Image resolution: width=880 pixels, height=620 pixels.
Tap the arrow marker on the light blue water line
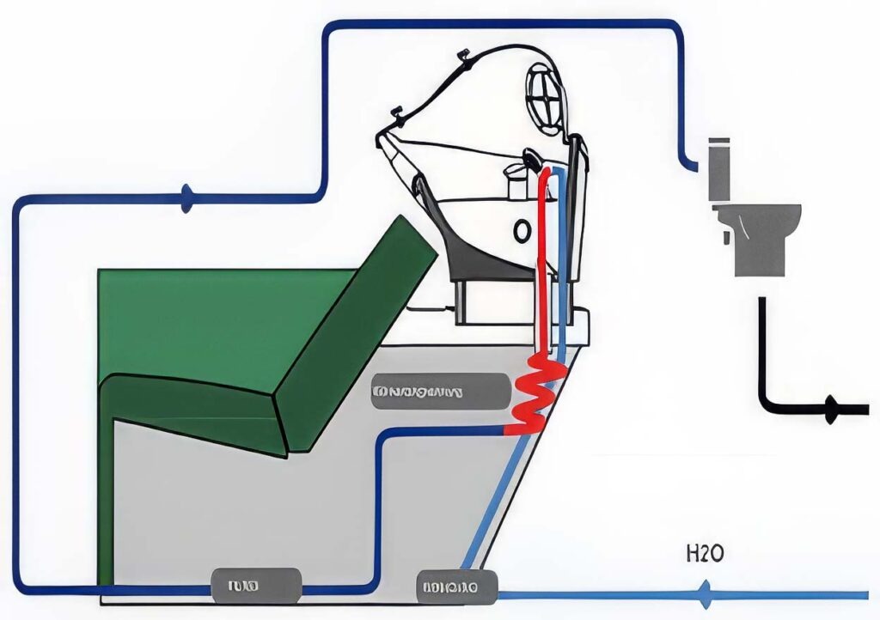point(705,594)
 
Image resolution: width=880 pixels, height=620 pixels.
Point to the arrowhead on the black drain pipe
point(831,410)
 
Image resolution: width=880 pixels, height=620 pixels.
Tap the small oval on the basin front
point(522,230)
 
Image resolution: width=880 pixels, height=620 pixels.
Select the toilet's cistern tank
point(718,172)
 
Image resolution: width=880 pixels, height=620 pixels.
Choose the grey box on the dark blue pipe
point(256,587)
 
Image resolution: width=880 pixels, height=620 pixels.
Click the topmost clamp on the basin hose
point(467,58)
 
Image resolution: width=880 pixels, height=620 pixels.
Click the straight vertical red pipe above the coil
point(544,258)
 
